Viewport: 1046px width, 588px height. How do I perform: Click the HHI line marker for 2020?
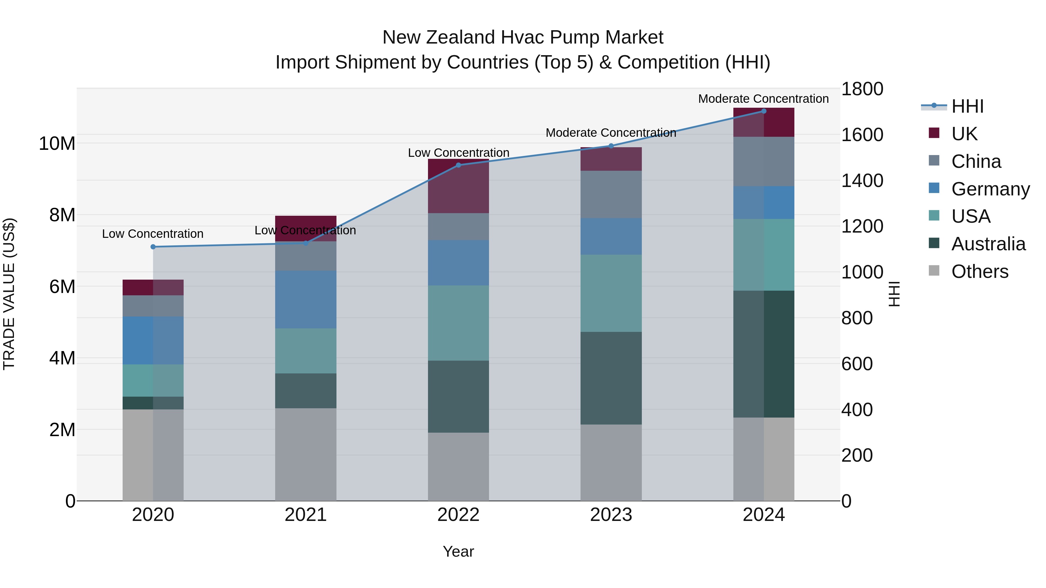[153, 247]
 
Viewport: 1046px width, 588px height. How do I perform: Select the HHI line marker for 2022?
[458, 165]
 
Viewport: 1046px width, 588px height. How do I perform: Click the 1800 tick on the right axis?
[862, 89]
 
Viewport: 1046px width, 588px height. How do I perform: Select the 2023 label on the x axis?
[611, 515]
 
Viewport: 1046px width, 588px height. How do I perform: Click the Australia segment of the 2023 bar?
[611, 378]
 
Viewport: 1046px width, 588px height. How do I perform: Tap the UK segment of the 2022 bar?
[458, 186]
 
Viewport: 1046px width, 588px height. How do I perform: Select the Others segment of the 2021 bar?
[305, 454]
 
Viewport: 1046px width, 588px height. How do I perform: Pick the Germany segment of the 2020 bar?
[153, 341]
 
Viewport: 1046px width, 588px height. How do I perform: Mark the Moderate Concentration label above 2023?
[611, 133]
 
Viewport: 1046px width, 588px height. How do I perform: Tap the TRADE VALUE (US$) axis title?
[9, 294]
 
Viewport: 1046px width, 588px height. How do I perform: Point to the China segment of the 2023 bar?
[611, 194]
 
